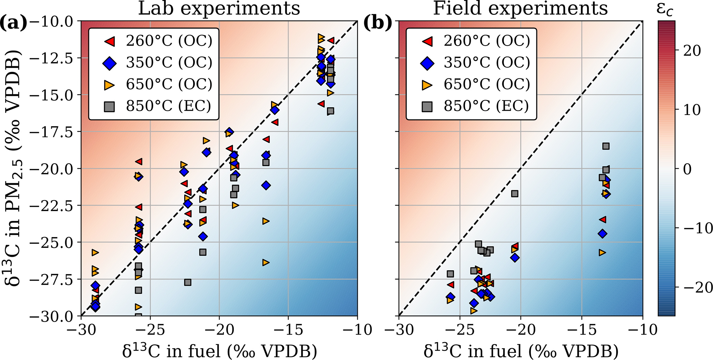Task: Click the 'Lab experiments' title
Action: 219,8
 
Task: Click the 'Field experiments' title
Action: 520,8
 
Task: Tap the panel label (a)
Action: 13,23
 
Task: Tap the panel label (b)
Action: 378,23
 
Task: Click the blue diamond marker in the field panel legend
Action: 427,63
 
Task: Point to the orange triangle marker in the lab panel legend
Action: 110,85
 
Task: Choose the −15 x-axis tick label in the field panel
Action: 582,330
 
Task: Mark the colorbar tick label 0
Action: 687,169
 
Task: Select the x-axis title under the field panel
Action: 521,351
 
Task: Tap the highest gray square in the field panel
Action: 606,146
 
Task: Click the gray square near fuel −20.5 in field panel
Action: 515,194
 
